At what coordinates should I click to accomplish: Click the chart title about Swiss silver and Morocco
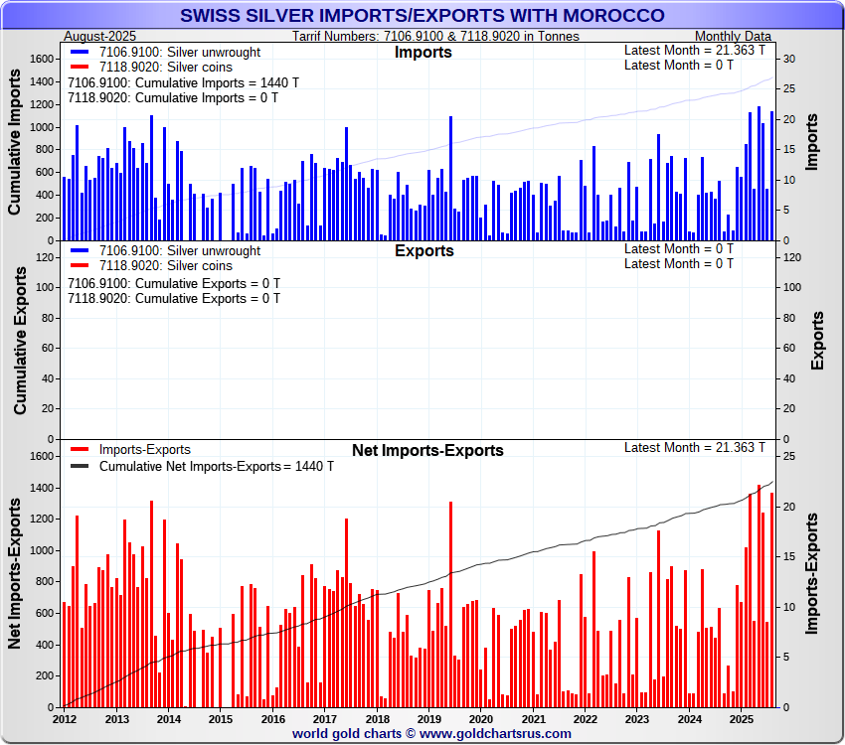point(422,16)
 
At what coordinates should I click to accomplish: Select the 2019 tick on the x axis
point(428,718)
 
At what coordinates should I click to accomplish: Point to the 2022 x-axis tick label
point(585,718)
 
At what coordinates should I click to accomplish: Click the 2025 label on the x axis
point(741,718)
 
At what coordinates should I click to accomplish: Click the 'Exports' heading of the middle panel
point(424,251)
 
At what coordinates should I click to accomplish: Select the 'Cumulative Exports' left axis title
point(19,340)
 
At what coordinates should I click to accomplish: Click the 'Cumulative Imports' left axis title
point(16,141)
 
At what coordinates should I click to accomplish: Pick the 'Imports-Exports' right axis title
point(812,574)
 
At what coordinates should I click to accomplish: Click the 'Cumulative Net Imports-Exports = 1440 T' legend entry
point(216,466)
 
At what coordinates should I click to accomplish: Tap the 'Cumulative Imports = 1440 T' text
point(183,82)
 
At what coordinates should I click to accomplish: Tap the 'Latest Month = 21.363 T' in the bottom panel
point(695,447)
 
